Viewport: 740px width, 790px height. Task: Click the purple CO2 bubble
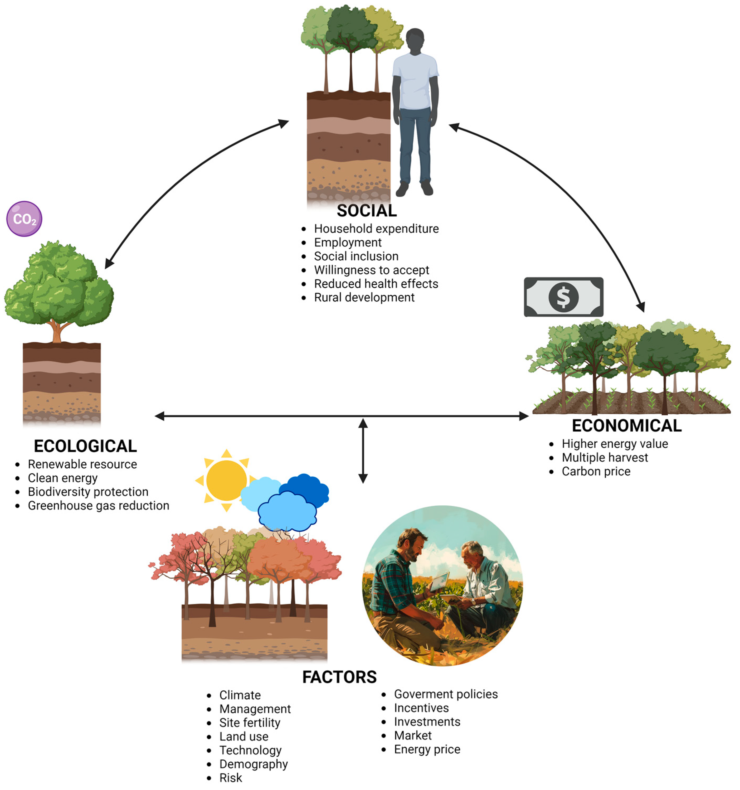coord(24,219)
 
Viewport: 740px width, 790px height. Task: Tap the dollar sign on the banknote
coord(563,297)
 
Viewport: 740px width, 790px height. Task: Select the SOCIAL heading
coord(367,211)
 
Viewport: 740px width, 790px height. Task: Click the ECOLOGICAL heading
coord(85,446)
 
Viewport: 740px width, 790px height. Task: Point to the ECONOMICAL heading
coord(626,426)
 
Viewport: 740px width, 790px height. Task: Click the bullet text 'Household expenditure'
coord(376,229)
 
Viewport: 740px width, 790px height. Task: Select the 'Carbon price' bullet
coord(596,471)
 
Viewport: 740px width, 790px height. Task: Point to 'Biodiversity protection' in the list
coord(88,492)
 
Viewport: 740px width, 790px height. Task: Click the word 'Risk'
coord(230,778)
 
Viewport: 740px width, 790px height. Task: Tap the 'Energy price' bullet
coord(427,749)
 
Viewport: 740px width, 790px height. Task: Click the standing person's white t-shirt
coord(415,81)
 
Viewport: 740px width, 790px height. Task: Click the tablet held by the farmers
coord(439,582)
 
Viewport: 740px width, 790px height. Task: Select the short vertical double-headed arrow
coord(363,451)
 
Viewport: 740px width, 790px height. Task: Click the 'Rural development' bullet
coord(364,297)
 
